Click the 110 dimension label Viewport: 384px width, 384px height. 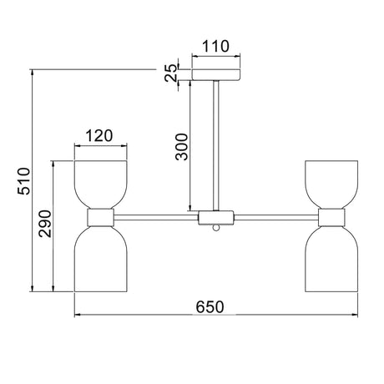click(x=215, y=47)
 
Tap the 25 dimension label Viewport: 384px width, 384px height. click(x=171, y=73)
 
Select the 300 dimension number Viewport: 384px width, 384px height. click(x=182, y=147)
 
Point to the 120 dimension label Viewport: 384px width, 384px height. click(x=99, y=135)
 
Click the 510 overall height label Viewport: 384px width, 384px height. click(x=23, y=181)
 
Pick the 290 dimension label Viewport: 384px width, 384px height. click(x=45, y=224)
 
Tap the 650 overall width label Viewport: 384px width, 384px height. click(x=210, y=307)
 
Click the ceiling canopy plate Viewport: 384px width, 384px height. click(x=216, y=74)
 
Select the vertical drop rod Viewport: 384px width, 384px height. click(x=216, y=145)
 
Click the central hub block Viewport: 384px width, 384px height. click(x=216, y=218)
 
